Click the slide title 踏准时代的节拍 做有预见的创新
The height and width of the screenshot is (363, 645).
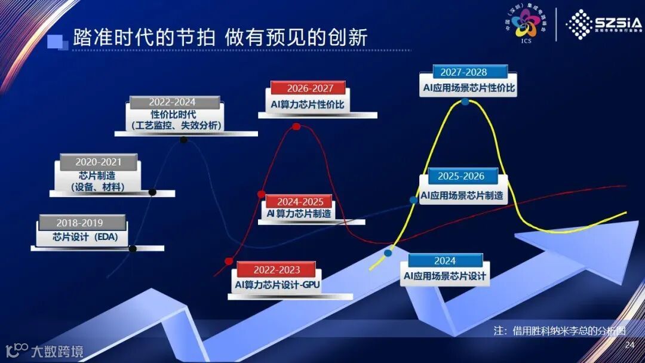tap(220, 37)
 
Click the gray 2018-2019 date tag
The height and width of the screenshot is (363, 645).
tap(83, 223)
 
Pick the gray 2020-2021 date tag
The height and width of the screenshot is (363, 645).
tap(99, 162)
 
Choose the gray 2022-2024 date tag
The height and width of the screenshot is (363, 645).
tap(172, 102)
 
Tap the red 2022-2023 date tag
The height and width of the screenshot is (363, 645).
tap(277, 270)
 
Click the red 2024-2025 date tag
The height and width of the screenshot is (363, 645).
tap(300, 202)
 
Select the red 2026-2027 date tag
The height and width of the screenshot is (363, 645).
tap(308, 88)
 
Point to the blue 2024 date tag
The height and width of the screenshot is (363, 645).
tap(445, 261)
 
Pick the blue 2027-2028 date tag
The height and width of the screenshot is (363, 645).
tap(463, 72)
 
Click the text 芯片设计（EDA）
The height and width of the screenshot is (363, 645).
tap(81, 237)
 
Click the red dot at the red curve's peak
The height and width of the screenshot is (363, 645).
tap(296, 127)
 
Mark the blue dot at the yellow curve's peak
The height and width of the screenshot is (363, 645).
tap(465, 101)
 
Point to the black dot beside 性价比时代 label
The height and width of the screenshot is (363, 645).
tap(184, 140)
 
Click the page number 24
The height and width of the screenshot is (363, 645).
tap(629, 345)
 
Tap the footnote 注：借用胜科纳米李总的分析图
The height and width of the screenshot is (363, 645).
tap(560, 330)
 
